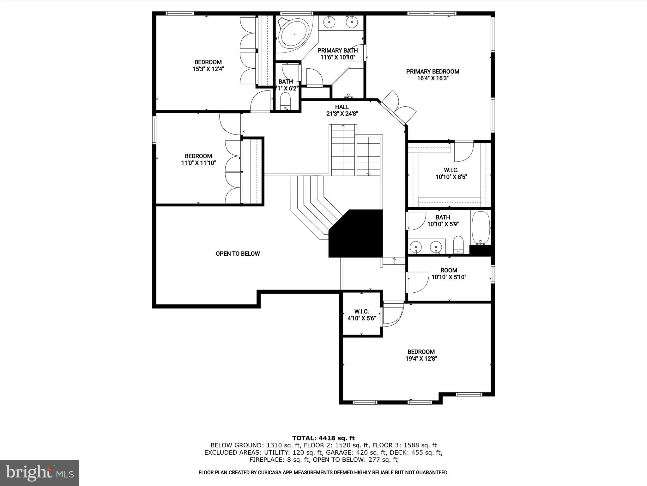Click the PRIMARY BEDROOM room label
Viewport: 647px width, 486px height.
[x=432, y=72]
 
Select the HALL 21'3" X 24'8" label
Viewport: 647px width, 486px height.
[x=342, y=110]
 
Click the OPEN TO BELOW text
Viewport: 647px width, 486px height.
[x=238, y=253]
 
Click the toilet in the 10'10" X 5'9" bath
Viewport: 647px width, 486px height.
[x=458, y=245]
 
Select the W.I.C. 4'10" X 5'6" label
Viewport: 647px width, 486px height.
[x=361, y=315]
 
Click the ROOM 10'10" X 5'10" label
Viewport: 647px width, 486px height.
[x=449, y=273]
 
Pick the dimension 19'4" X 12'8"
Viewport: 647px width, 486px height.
[x=421, y=359]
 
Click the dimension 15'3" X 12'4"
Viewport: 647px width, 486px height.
[x=208, y=69]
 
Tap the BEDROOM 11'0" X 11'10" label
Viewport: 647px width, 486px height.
[x=198, y=159]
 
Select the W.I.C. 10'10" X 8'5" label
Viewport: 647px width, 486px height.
[x=451, y=173]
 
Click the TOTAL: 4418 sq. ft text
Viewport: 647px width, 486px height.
[x=323, y=438]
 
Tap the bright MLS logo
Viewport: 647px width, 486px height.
[x=39, y=473]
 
